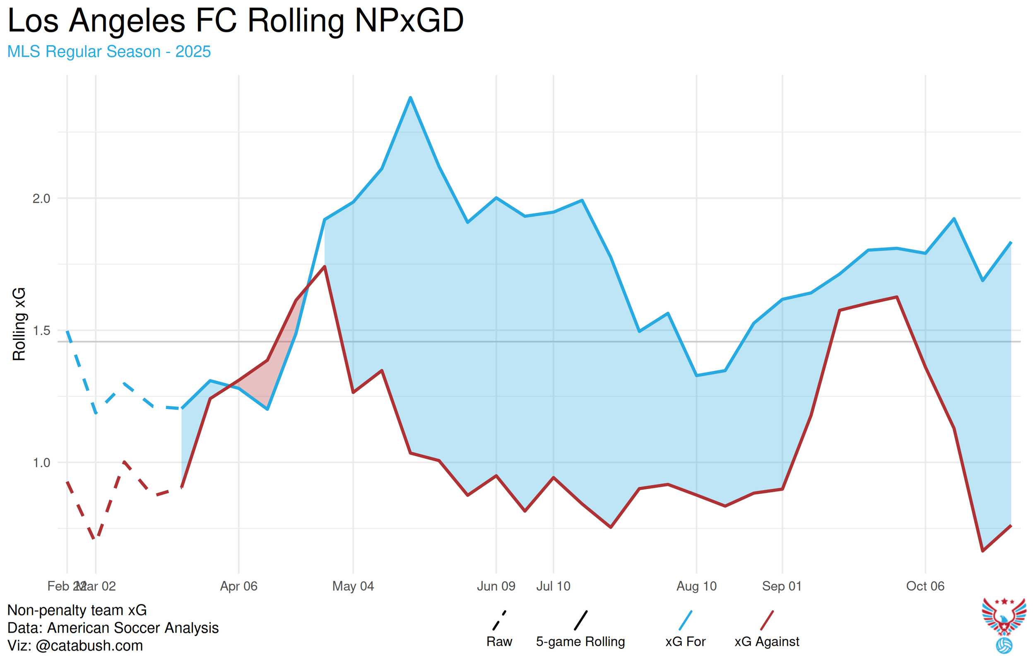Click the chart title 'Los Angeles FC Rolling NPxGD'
click(236, 21)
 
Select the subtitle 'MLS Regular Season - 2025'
click(109, 52)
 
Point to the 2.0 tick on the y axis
click(42, 199)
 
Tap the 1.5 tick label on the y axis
click(42, 330)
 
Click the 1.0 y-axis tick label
click(42, 462)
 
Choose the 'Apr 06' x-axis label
click(238, 586)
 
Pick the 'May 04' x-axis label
click(353, 586)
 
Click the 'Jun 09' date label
click(496, 586)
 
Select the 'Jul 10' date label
click(553, 586)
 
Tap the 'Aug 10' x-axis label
click(696, 586)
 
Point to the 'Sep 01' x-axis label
click(782, 586)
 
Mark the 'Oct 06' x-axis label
click(925, 586)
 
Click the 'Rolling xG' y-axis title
click(19, 324)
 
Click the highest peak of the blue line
click(410, 98)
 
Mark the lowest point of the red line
click(982, 551)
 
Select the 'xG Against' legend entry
click(767, 641)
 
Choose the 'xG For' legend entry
click(685, 641)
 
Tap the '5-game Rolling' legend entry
click(580, 641)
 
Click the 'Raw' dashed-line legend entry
click(499, 641)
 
